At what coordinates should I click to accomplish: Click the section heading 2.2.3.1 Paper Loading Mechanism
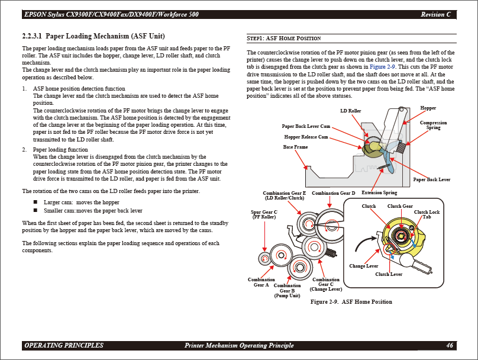(89, 37)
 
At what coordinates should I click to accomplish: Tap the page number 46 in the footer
(450, 345)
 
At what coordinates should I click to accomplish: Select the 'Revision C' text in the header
(435, 14)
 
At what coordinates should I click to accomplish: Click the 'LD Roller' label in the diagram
(350, 111)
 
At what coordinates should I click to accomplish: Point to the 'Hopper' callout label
(428, 108)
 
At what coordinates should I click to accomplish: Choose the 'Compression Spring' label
(433, 125)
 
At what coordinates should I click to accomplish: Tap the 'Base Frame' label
(296, 147)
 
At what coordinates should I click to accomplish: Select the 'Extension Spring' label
(379, 192)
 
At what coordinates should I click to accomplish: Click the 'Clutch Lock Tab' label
(427, 214)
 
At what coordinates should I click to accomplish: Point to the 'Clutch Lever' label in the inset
(389, 274)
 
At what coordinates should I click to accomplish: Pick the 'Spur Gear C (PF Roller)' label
(264, 214)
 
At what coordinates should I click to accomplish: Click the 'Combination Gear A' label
(261, 282)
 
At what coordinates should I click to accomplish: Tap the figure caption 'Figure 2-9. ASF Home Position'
(351, 302)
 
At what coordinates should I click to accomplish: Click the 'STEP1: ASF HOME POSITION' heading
(283, 38)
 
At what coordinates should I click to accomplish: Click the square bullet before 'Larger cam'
(35, 202)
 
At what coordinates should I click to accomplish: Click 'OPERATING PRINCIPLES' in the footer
(64, 345)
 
